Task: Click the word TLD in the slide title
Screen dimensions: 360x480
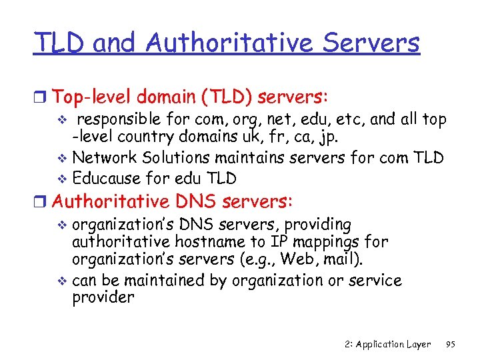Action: [x=59, y=43]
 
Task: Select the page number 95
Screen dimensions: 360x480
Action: [x=450, y=344]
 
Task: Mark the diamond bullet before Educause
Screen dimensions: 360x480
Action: [x=63, y=179]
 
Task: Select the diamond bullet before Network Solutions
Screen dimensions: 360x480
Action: [x=63, y=159]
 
